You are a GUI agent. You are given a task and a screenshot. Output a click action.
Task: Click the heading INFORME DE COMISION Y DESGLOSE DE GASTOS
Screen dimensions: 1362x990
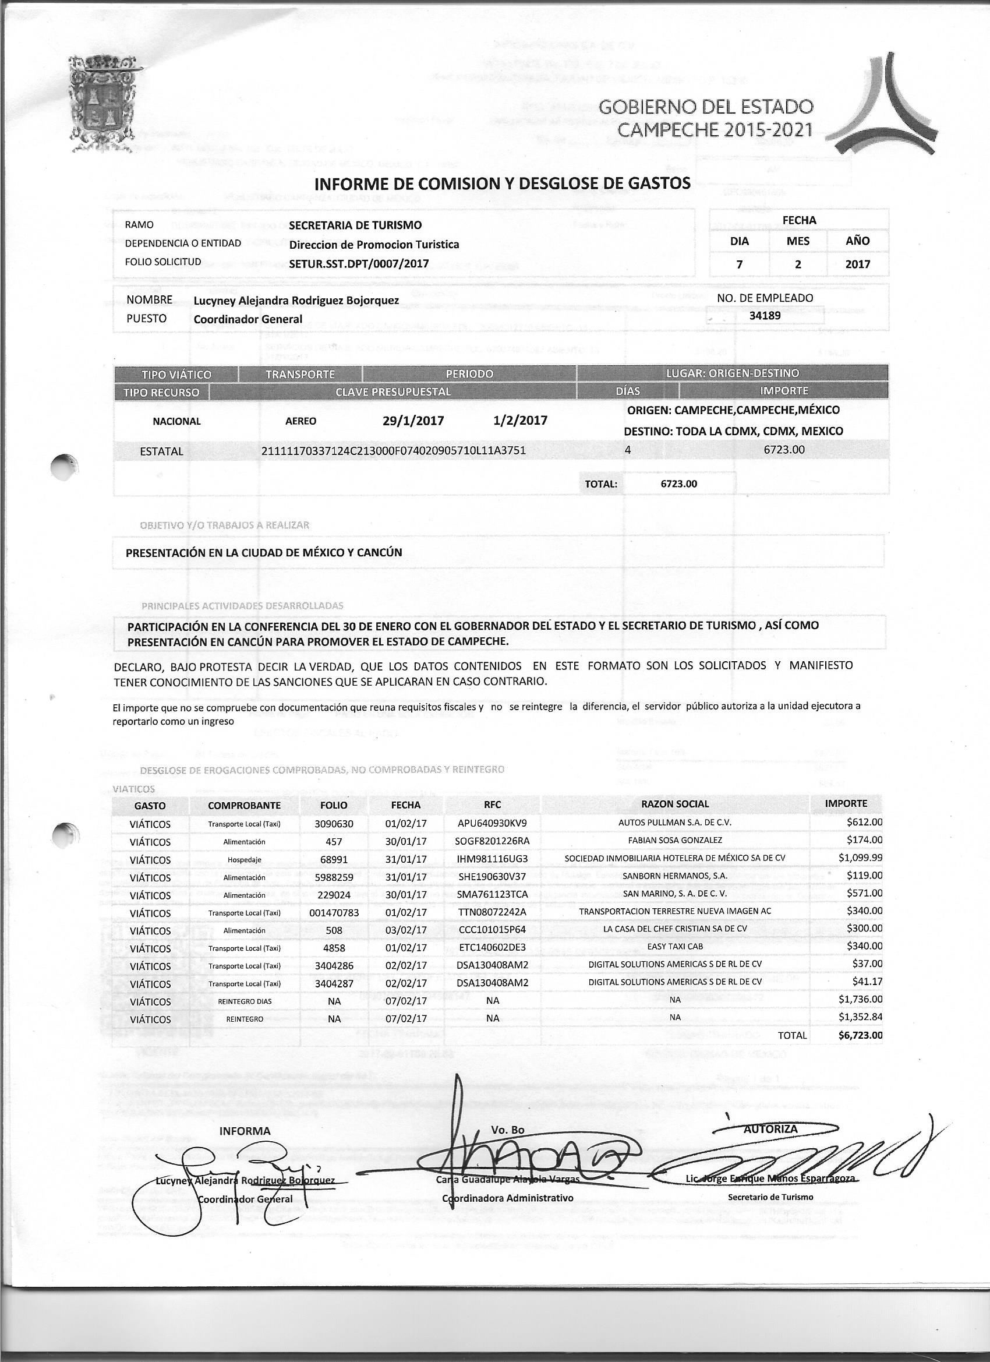503,183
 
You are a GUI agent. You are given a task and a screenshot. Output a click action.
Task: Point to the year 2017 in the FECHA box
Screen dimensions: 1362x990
857,264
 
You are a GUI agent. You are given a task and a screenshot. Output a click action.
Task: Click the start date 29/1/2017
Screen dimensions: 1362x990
413,421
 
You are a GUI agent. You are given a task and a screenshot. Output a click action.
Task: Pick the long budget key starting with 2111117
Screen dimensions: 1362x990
394,450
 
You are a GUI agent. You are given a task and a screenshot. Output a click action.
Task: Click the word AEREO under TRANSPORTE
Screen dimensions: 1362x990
300,422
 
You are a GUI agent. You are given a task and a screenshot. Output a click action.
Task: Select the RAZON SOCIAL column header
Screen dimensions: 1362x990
675,804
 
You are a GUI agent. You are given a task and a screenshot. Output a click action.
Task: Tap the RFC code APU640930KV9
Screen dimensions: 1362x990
492,823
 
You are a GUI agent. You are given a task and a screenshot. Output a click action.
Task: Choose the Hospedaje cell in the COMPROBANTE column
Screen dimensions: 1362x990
245,860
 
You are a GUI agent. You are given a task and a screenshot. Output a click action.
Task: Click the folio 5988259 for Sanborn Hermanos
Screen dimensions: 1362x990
334,877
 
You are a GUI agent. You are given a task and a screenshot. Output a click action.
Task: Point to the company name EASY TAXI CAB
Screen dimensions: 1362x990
675,947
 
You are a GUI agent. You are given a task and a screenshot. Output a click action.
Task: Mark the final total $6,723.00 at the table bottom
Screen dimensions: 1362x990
860,1035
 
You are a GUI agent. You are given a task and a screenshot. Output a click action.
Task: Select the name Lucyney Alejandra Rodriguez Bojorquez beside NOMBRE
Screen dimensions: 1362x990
296,300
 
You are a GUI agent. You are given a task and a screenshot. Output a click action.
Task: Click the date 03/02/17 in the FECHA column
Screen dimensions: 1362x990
406,930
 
